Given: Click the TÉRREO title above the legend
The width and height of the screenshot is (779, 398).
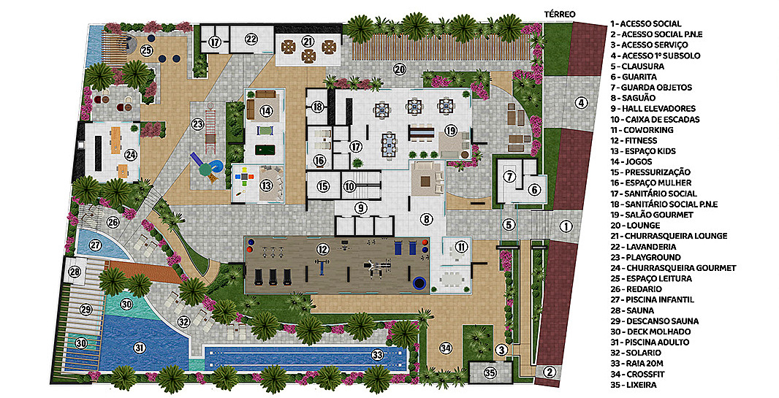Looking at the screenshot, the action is [x=560, y=15].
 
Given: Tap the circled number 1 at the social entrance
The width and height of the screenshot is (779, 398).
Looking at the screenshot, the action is [x=566, y=226].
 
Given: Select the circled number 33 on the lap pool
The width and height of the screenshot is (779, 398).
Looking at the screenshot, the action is [x=378, y=355].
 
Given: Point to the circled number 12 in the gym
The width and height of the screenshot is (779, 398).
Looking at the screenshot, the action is [x=324, y=248].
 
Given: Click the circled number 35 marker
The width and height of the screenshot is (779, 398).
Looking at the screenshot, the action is [x=490, y=373].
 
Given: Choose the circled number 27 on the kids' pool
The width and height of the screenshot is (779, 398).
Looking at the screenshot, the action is [x=96, y=245].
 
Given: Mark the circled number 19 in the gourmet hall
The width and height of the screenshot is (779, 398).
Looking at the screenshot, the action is [x=451, y=131].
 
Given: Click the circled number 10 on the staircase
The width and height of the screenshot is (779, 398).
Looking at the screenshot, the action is [x=350, y=187].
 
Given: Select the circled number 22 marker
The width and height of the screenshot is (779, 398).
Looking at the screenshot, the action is [x=251, y=39].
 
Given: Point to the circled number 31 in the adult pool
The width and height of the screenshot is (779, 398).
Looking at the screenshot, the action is [x=140, y=348].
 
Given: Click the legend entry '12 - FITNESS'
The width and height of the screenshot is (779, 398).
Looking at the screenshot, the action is [x=634, y=140].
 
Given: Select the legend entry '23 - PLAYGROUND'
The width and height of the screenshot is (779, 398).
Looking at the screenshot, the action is [x=646, y=257].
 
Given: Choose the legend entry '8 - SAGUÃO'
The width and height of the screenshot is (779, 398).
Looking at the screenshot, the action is [x=633, y=99].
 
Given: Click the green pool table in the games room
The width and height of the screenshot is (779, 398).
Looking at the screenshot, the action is [x=265, y=150].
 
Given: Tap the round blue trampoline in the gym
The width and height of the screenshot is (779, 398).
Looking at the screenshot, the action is [x=419, y=283].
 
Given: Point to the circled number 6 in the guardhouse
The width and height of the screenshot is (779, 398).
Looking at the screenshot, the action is [x=534, y=189].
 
